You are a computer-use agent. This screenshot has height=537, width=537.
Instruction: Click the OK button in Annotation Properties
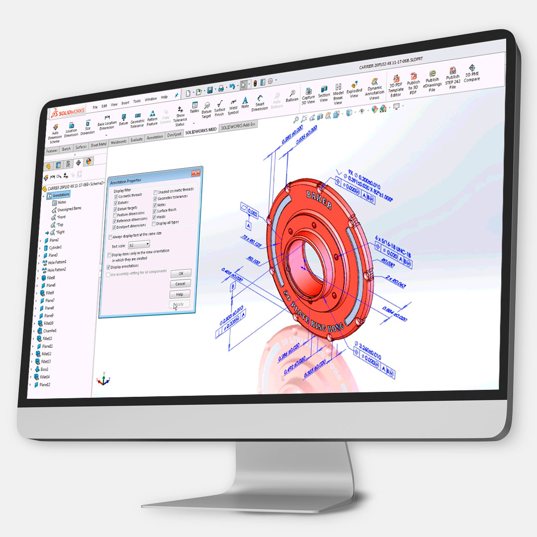(181, 273)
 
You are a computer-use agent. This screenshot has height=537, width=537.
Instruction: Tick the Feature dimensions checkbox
(116, 214)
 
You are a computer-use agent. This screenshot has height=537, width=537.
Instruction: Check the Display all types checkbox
(155, 222)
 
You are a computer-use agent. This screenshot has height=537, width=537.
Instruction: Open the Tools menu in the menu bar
(137, 101)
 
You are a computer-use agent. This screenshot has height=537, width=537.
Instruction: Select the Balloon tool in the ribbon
(292, 95)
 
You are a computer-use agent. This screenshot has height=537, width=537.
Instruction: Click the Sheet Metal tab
(98, 145)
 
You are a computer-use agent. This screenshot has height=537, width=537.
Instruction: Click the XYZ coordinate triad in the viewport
(103, 379)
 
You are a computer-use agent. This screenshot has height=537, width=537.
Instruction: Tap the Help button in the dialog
(179, 294)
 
